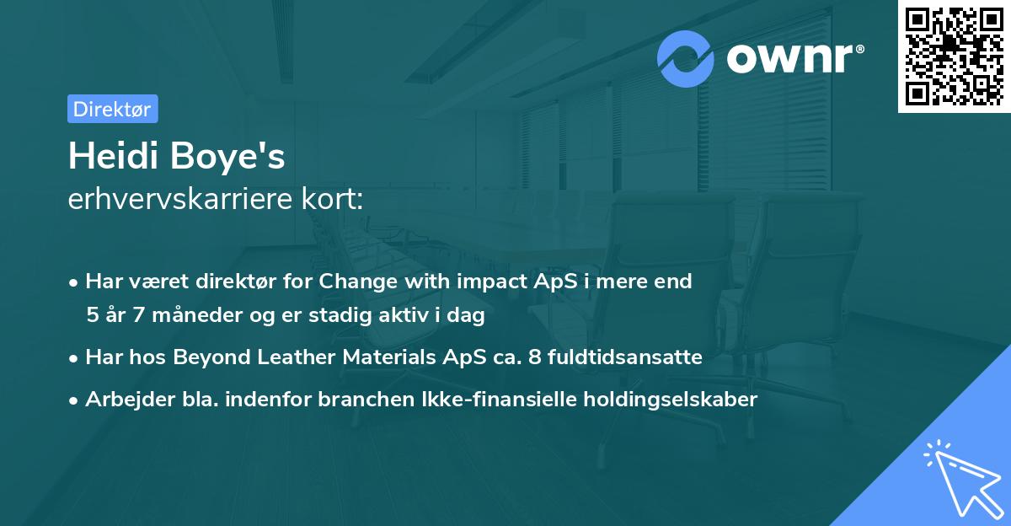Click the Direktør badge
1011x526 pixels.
(x=112, y=109)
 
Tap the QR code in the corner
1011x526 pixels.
(x=954, y=56)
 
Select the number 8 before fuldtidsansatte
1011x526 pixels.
(x=534, y=357)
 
